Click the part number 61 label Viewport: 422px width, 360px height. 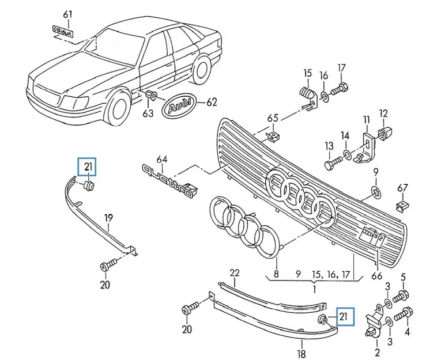click(68, 14)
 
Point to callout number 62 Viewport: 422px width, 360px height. click(212, 103)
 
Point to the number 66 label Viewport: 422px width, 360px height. click(377, 276)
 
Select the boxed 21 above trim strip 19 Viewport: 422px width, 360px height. click(88, 168)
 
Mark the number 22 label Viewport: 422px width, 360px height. click(234, 272)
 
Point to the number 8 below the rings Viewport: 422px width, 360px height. click(276, 274)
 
